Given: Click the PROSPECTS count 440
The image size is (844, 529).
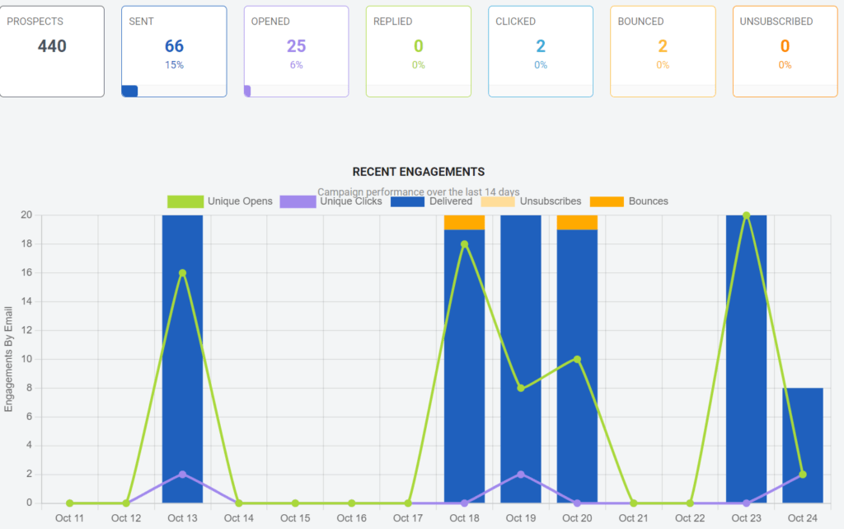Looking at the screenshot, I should point(52,46).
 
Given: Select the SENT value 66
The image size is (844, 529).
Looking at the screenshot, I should point(174,46).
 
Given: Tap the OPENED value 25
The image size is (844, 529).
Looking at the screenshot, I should point(296,46).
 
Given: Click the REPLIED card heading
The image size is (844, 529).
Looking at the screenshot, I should point(392,21).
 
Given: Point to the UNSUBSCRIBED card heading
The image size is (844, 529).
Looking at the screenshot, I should point(776,21).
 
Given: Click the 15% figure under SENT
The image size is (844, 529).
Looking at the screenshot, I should point(174,65).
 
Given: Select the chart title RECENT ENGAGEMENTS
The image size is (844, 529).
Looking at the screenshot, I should point(418,172).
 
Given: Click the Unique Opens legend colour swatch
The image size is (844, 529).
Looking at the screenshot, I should point(185,201).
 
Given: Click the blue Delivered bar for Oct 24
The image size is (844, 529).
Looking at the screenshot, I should point(802,446).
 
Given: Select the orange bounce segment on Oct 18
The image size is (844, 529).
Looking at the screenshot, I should point(464,222).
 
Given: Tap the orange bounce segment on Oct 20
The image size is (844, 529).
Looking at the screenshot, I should point(577,222).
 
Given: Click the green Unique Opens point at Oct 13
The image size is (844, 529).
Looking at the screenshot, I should point(182,272).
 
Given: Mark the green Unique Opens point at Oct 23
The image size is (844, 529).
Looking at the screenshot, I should point(746,215).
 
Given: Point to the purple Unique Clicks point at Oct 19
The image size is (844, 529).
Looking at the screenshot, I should point(521,474).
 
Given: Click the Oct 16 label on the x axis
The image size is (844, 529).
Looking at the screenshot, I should point(351,518).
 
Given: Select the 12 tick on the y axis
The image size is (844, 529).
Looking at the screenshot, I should point(26,330).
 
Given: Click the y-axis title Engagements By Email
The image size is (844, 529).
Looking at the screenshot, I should point(9,358).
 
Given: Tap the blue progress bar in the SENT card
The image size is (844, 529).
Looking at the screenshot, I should point(129,91).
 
